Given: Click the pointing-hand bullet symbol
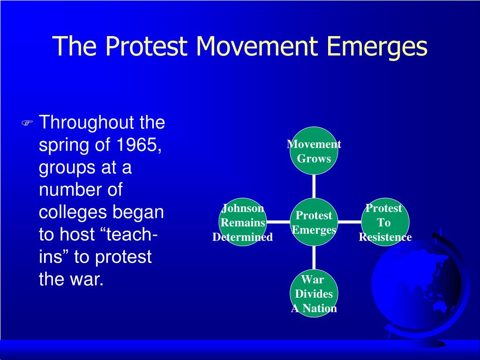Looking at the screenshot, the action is pyautogui.click(x=27, y=123).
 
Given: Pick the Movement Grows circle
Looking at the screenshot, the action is pyautogui.click(x=314, y=150).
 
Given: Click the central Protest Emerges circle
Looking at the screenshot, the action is pyautogui.click(x=314, y=222).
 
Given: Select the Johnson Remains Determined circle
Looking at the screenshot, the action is pyautogui.click(x=243, y=222).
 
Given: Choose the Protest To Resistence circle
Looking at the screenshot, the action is pyautogui.click(x=385, y=222).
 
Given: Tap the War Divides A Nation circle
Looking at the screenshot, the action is pyautogui.click(x=314, y=293).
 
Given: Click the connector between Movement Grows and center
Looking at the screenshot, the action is pyautogui.click(x=314, y=187).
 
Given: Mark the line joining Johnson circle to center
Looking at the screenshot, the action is pyautogui.click(x=278, y=222).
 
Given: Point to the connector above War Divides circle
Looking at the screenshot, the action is pyautogui.click(x=314, y=258).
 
